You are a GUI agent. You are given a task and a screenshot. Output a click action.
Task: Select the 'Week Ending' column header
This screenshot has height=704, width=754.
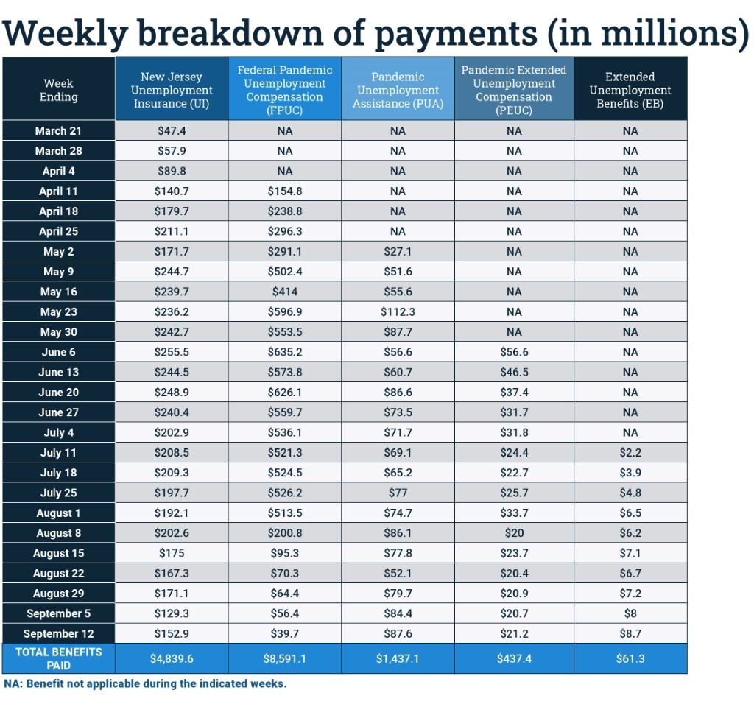58,90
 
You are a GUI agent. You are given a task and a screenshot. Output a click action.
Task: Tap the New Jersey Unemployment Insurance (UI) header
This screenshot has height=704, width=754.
172,90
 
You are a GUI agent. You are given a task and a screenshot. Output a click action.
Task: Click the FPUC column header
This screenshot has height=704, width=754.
284,90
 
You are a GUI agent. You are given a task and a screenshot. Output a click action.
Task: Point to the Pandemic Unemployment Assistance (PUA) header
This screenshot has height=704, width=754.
398,90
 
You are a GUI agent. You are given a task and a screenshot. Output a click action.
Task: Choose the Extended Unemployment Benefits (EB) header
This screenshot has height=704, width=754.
630,90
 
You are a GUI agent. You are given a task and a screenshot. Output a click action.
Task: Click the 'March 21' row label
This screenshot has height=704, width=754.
58,131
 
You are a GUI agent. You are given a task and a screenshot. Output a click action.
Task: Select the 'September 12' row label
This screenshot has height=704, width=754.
58,633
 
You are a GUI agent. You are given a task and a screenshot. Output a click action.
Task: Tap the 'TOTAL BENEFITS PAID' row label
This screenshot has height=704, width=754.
58,658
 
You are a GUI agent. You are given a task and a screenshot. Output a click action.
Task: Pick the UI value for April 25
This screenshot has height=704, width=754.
172,231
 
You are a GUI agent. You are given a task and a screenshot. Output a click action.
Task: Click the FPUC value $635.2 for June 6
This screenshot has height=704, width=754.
284,352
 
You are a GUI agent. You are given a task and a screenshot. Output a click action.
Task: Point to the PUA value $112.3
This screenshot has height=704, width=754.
398,311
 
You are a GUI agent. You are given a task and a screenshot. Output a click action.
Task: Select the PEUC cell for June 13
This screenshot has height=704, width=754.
514,372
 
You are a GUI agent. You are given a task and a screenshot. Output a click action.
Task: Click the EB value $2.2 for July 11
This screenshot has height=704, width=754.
630,452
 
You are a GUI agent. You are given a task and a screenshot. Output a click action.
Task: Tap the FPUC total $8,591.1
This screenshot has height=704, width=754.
284,658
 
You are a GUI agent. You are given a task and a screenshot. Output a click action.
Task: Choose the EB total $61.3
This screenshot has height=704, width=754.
630,658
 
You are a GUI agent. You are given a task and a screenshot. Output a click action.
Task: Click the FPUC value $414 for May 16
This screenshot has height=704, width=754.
284,292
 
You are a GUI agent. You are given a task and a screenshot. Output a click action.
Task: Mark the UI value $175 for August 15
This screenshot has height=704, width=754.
172,553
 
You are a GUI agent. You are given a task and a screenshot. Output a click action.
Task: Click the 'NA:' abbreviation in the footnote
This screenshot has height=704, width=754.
13,683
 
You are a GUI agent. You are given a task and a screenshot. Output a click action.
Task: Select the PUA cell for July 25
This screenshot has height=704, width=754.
398,493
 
